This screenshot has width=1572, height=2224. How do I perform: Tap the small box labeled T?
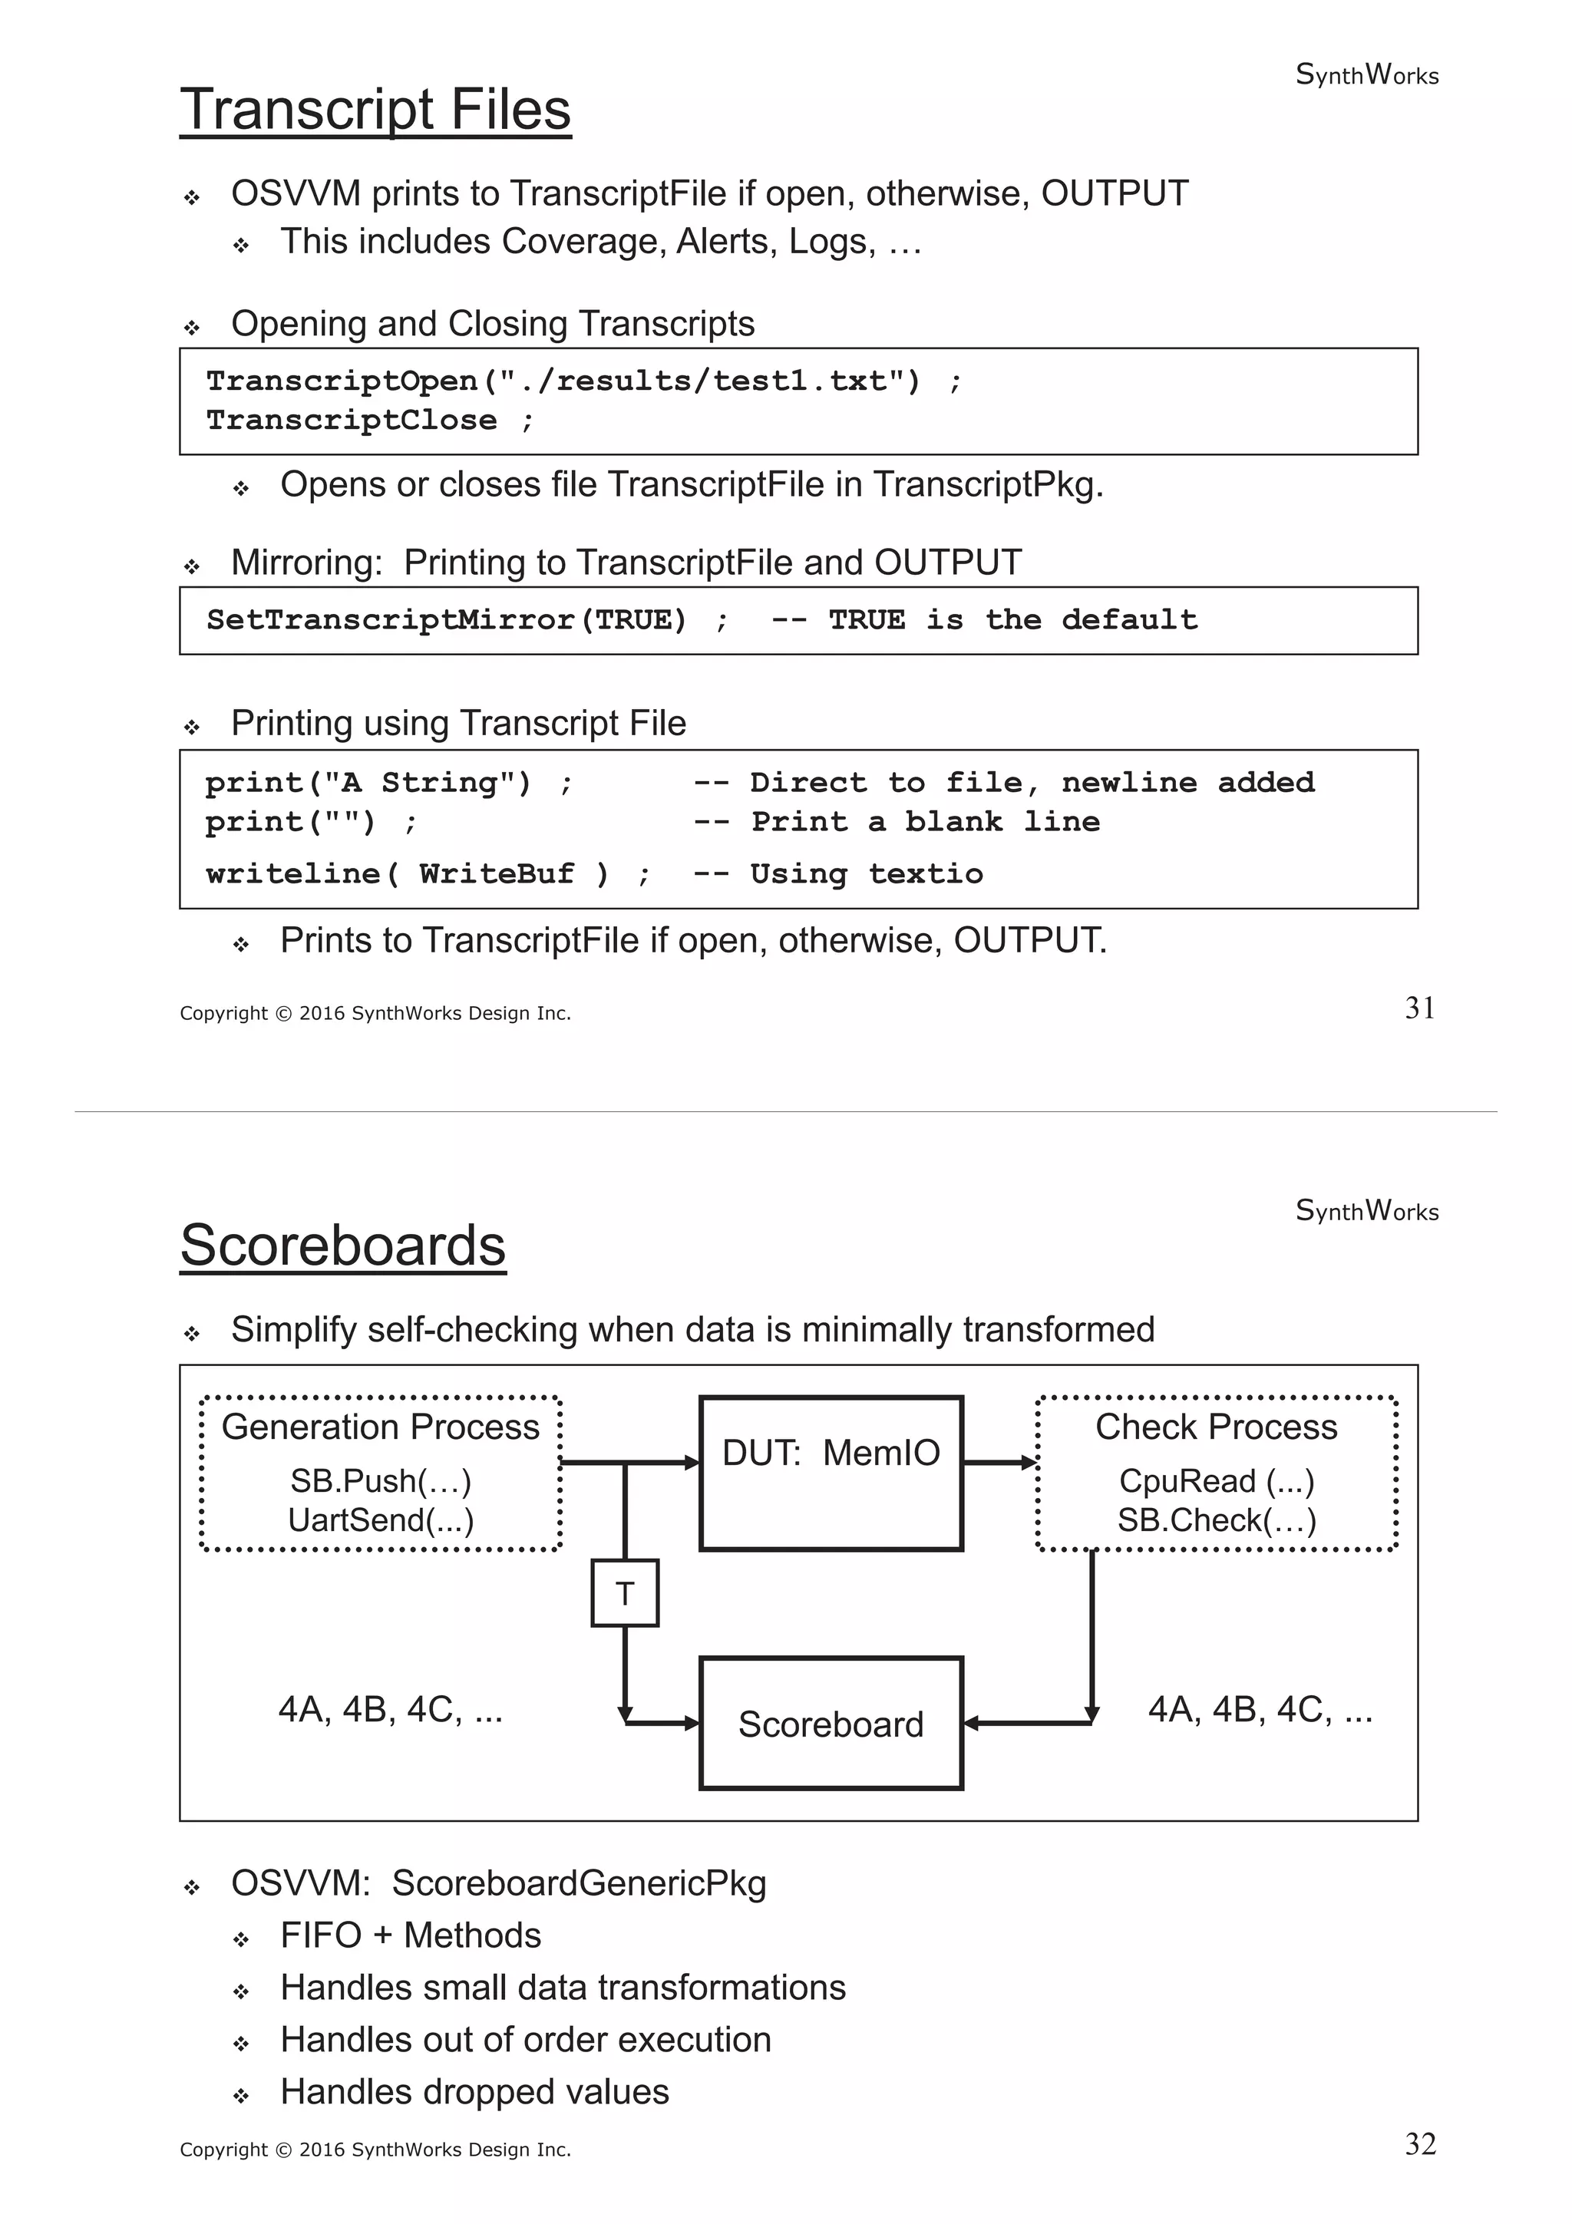coord(625,1593)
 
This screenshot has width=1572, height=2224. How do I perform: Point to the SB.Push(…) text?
coord(381,1481)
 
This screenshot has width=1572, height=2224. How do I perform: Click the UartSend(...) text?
coord(381,1520)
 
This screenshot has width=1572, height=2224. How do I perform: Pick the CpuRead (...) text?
coord(1217,1481)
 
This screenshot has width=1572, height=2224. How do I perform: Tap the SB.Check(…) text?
coord(1217,1520)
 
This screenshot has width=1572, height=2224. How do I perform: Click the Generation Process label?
coord(381,1427)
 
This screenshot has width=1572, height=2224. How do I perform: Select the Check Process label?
coord(1217,1427)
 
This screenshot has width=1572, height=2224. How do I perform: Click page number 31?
coord(1419,1008)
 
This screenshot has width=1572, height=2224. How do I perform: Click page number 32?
coord(1419,2144)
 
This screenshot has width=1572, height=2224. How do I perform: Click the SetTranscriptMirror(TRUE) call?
coord(447,620)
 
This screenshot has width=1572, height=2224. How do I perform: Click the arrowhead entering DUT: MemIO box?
coord(692,1463)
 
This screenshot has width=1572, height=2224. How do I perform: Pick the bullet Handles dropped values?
coord(474,2092)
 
